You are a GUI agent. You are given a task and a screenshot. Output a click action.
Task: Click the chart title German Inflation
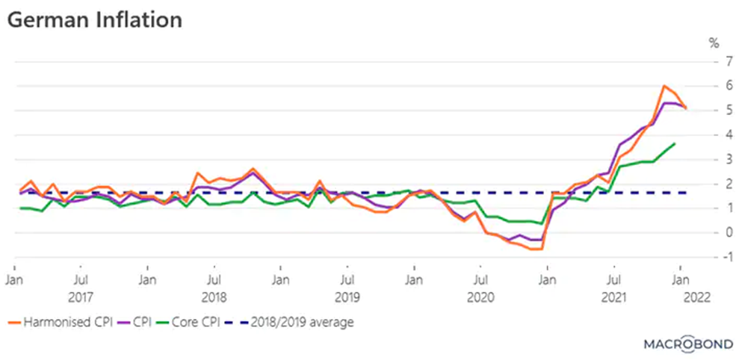pos(95,20)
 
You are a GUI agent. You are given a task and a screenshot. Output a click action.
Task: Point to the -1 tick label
pos(715,257)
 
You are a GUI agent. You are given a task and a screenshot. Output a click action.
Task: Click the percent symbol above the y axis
pos(714,43)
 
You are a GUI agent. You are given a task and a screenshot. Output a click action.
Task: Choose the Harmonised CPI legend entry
pos(60,323)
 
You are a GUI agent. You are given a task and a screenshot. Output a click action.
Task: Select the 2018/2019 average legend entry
pos(296,323)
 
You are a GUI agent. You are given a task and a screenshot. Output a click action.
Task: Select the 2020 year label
pos(480,297)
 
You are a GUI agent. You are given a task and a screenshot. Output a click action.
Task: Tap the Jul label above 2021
pos(613,281)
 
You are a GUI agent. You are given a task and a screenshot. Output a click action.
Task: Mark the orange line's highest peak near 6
pos(664,86)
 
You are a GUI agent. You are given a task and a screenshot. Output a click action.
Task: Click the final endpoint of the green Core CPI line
pos(675,143)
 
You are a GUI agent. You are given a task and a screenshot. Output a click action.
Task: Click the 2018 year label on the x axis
pos(214,297)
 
